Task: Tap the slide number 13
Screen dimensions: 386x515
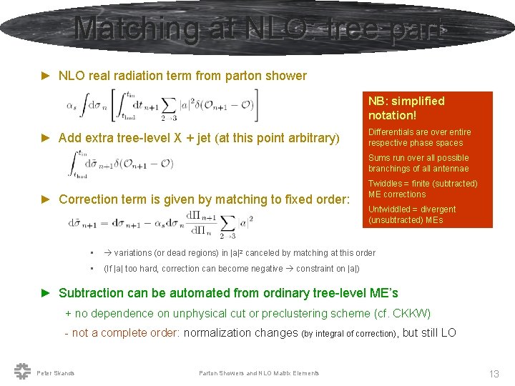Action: pyautogui.click(x=494, y=373)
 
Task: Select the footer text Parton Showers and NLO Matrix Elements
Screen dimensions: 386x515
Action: pyautogui.click(x=259, y=373)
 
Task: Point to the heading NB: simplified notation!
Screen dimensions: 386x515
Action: pyautogui.click(x=406, y=108)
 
